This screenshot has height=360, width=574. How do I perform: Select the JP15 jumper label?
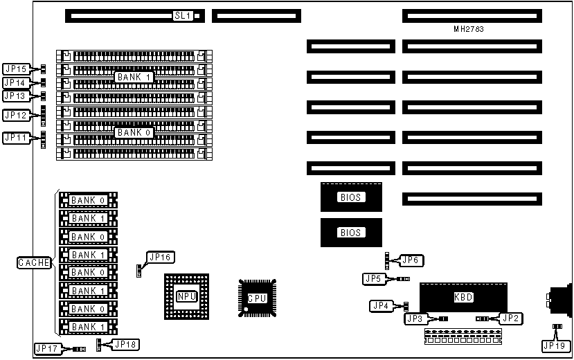tap(16, 69)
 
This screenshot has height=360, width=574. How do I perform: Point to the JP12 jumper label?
tap(16, 115)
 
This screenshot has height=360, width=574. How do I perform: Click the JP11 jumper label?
tap(16, 138)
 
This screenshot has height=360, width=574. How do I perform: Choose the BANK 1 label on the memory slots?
tap(134, 77)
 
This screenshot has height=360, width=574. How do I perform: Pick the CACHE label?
tap(34, 262)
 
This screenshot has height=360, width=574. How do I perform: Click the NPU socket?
tap(186, 296)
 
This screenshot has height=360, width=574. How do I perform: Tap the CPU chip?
tap(256, 298)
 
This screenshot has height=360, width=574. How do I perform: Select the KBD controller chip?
tap(463, 296)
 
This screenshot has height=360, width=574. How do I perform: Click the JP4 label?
tap(381, 305)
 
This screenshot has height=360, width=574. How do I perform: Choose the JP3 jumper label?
tap(417, 319)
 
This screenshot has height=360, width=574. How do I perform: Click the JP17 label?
tap(46, 349)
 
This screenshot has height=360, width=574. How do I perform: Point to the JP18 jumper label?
tap(125, 343)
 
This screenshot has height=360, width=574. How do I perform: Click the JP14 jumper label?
tap(16, 82)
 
